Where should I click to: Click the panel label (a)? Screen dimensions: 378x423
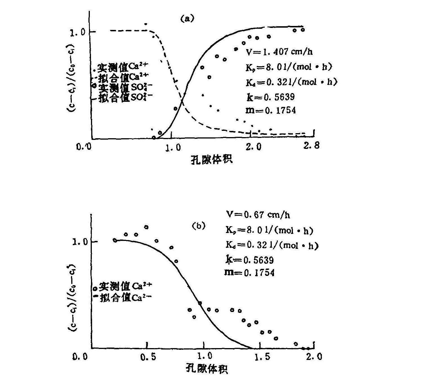point(187,19)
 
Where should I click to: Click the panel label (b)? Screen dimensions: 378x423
point(198,226)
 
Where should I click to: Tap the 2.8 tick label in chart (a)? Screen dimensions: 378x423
point(312,146)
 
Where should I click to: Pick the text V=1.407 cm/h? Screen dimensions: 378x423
point(279,52)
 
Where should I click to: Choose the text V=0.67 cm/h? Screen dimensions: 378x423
point(258,215)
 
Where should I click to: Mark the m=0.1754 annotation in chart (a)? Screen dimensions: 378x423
point(271,110)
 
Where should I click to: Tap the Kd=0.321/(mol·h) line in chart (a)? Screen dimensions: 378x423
point(291,82)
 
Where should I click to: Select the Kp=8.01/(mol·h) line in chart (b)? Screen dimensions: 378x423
point(269,230)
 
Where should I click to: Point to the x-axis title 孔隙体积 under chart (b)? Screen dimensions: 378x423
point(207,369)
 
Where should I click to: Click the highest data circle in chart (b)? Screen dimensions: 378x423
point(146,227)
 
